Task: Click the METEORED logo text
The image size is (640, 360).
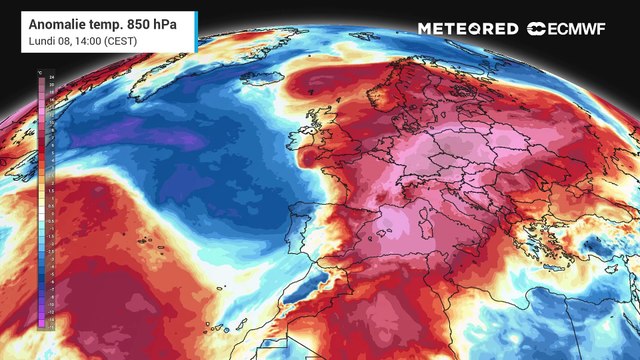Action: (x=467, y=28)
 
